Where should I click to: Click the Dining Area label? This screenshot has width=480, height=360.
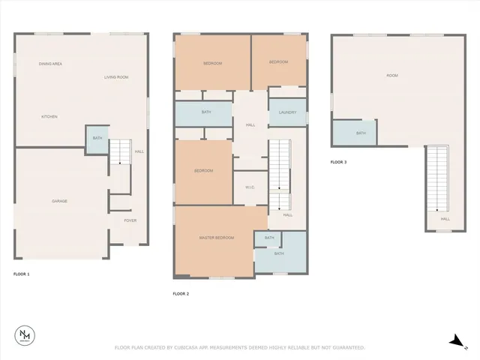pyautogui.click(x=50, y=64)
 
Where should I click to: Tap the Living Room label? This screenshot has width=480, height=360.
pyautogui.click(x=116, y=77)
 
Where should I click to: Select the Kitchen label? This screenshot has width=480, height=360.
pyautogui.click(x=49, y=116)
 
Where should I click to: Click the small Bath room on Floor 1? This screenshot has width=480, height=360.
pyautogui.click(x=97, y=139)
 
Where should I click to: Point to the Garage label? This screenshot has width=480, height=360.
pyautogui.click(x=60, y=201)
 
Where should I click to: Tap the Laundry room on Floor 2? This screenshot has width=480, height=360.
pyautogui.click(x=287, y=113)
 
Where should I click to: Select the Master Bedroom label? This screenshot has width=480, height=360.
pyautogui.click(x=217, y=238)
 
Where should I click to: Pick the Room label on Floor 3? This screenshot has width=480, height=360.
pyautogui.click(x=392, y=76)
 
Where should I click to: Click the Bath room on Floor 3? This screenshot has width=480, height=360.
pyautogui.click(x=361, y=133)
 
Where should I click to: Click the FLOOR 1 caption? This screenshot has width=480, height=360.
pyautogui.click(x=22, y=274)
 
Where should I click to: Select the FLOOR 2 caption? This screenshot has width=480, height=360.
pyautogui.click(x=181, y=293)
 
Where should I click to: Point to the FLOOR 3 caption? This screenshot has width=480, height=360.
pyautogui.click(x=339, y=162)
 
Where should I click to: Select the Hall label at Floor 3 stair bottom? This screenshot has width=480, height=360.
pyautogui.click(x=445, y=219)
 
